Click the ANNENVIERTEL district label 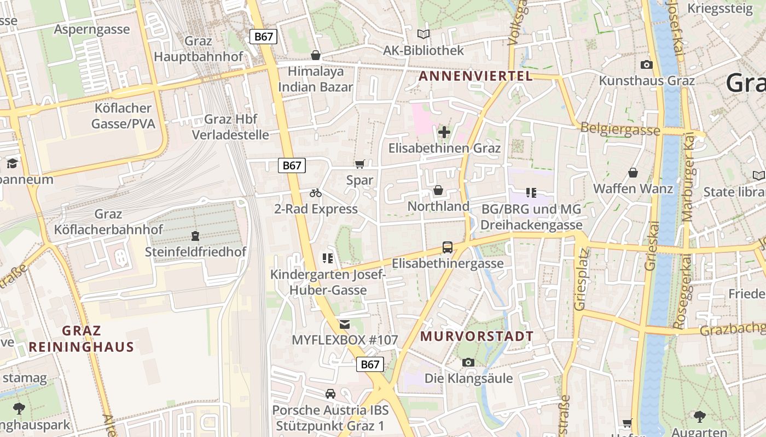click(475, 76)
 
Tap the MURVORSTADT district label click(477, 336)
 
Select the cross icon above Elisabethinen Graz click(444, 132)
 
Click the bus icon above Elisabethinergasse click(448, 247)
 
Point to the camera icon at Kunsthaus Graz click(647, 64)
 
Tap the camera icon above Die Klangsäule click(468, 362)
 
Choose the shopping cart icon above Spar click(359, 164)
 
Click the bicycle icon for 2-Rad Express click(316, 193)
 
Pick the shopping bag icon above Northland click(438, 190)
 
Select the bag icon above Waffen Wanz click(633, 173)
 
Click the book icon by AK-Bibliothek click(423, 34)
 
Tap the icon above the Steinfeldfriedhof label click(195, 236)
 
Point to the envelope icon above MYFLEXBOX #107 click(344, 324)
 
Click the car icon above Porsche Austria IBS click(330, 394)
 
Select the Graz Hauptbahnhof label click(198, 49)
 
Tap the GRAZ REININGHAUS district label click(82, 339)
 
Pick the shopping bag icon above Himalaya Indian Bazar click(316, 55)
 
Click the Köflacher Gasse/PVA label click(123, 116)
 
